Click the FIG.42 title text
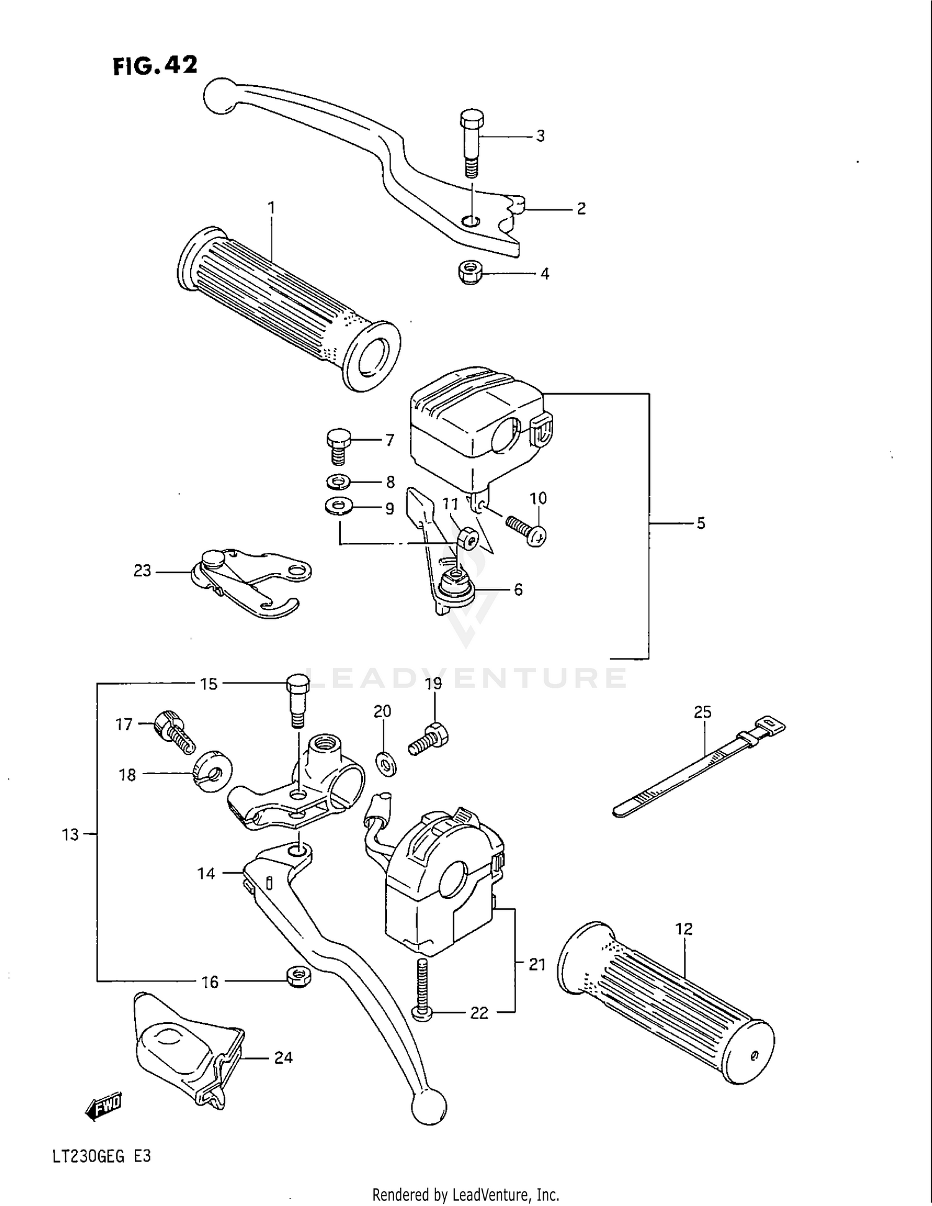pyautogui.click(x=155, y=65)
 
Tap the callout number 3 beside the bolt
pyautogui.click(x=540, y=136)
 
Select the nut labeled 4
pyautogui.click(x=470, y=273)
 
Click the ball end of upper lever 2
pyautogui.click(x=218, y=96)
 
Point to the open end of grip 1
pyautogui.click(x=372, y=356)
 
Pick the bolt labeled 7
pyautogui.click(x=338, y=445)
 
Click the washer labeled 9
pyautogui.click(x=337, y=507)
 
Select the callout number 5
pyautogui.click(x=700, y=523)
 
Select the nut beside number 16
pyautogui.click(x=298, y=976)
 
